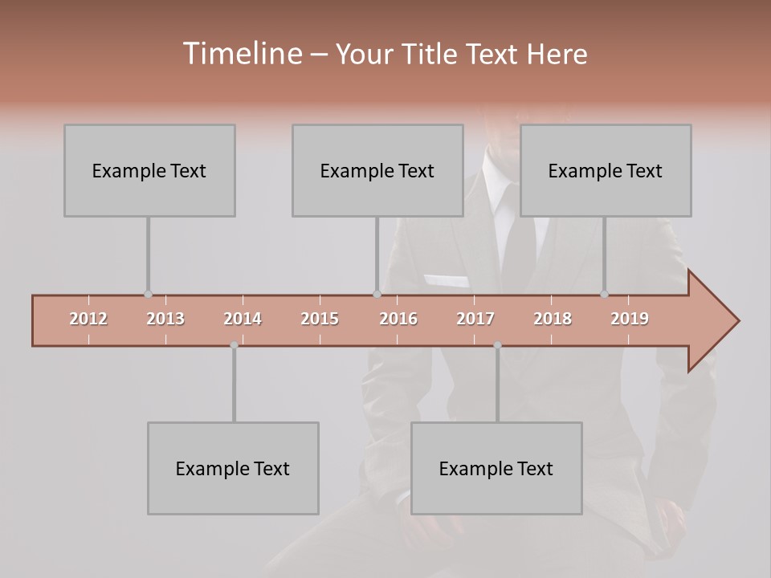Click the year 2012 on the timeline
tap(88, 319)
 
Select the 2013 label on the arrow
tap(165, 319)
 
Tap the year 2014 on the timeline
tap(243, 319)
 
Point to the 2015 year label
tap(320, 319)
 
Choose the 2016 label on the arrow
tap(398, 319)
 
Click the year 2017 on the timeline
tap(475, 319)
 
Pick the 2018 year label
tap(553, 319)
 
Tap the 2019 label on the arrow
tap(630, 319)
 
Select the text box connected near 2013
tap(149, 170)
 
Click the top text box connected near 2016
tap(377, 170)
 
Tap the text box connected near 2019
tap(606, 170)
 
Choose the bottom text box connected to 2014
tap(233, 468)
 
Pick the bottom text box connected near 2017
tap(496, 468)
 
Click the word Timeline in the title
tap(241, 54)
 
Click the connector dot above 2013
tap(148, 295)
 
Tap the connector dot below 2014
tap(234, 345)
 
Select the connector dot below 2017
tap(497, 345)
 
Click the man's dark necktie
tap(514, 241)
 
